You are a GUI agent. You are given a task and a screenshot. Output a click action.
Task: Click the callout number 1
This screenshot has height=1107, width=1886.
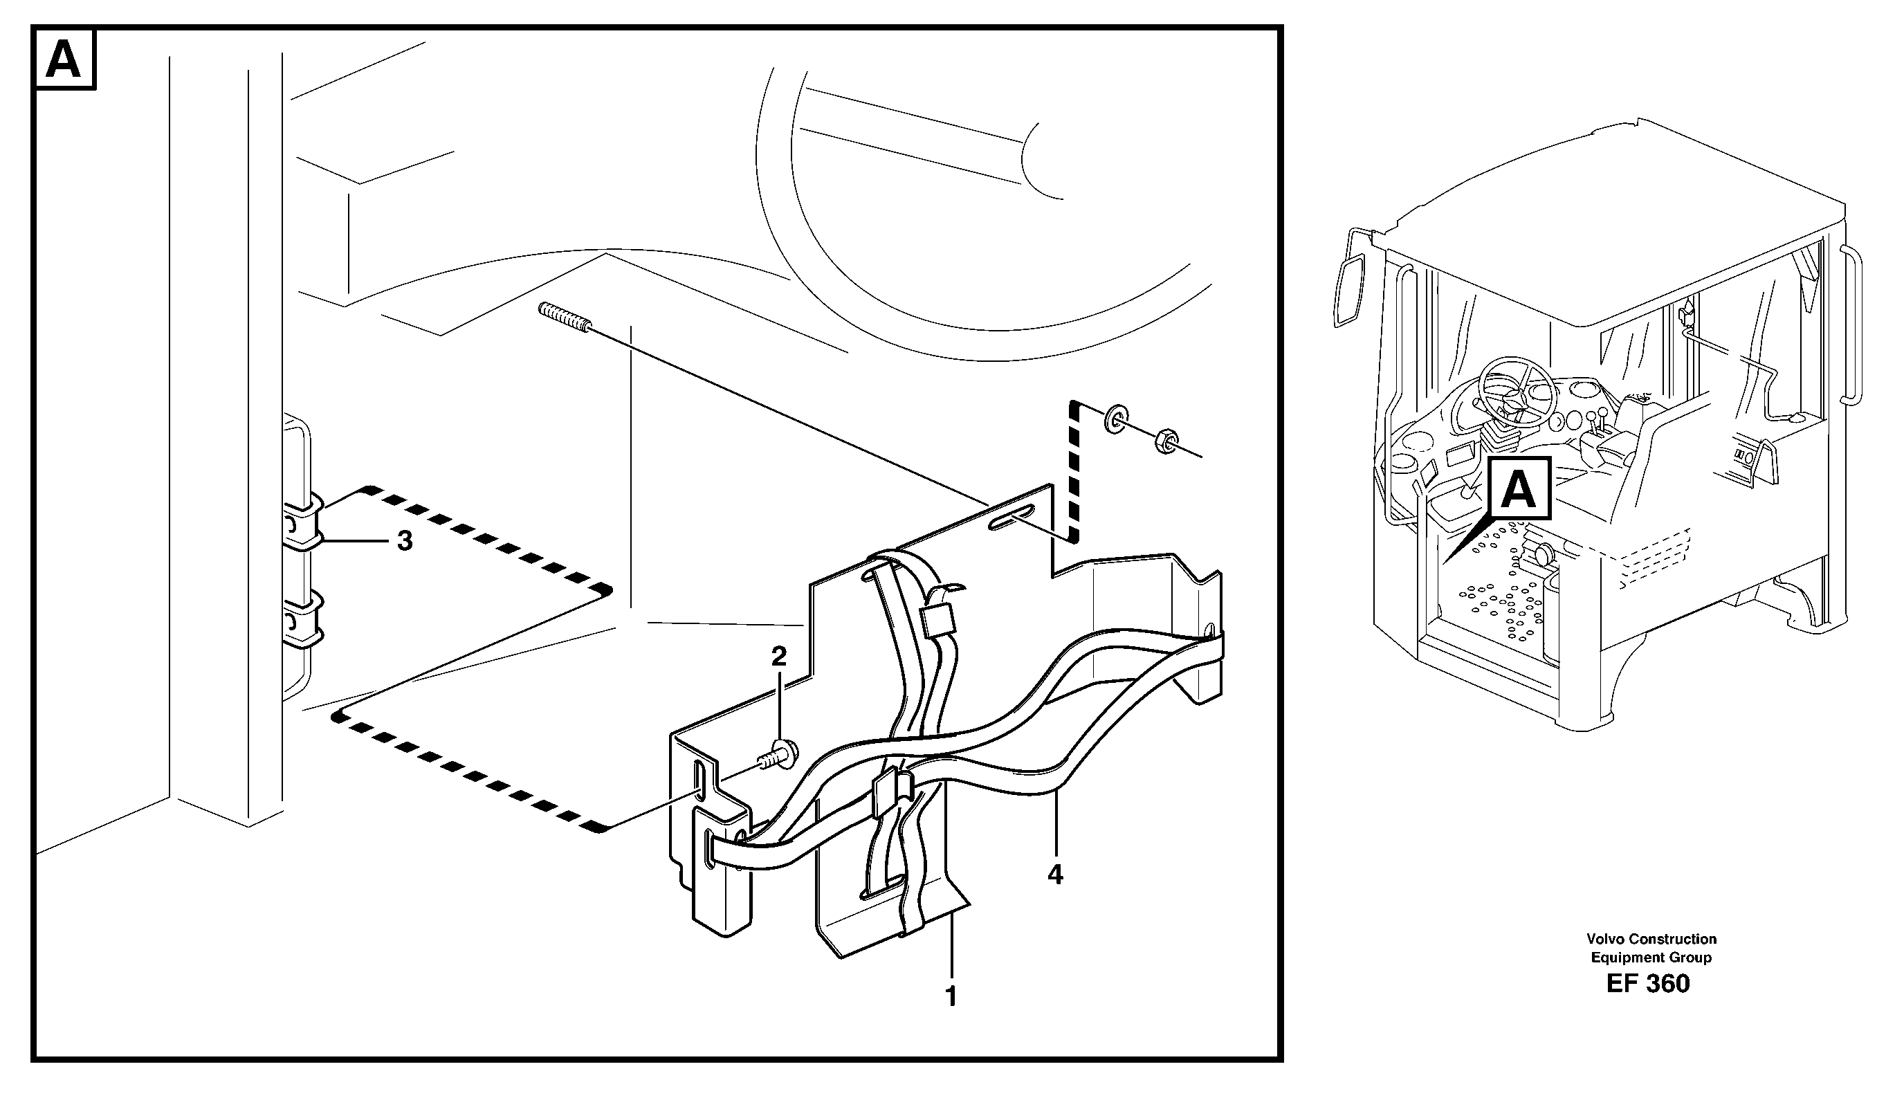tap(951, 997)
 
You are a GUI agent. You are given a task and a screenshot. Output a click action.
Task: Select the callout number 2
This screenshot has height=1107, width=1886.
tap(779, 657)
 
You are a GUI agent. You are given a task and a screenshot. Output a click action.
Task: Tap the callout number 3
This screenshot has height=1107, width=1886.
tap(405, 540)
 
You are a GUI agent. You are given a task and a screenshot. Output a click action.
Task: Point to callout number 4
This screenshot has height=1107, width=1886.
tap(1055, 875)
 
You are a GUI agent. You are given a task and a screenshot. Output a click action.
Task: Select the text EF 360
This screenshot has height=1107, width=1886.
tap(1647, 982)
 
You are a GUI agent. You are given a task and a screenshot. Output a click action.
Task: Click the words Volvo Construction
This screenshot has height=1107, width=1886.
tap(1651, 939)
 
